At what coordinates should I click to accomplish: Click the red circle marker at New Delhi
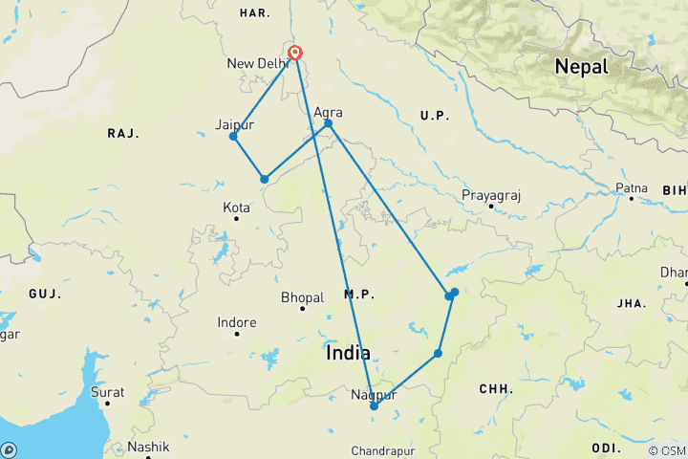pos(295,53)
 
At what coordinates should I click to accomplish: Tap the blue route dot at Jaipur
pos(233,137)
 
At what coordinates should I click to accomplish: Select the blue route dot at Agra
pos(328,123)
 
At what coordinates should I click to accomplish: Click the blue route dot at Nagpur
pos(374,406)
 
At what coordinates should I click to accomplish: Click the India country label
pos(348,353)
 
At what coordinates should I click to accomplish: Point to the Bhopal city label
pos(303,298)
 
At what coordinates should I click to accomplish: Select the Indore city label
pos(237,322)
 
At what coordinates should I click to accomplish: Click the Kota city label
pos(236,207)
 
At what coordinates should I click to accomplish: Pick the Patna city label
pos(632,187)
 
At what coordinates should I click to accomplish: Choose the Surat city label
pos(107,392)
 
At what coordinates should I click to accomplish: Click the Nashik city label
pos(150,447)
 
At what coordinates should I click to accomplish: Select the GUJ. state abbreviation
pos(44,293)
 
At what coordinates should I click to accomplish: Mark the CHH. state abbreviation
pos(495,390)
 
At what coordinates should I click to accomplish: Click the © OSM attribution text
pos(666,450)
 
